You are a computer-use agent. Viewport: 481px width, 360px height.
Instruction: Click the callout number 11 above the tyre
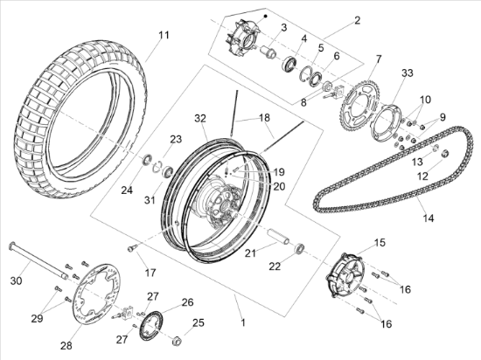164,35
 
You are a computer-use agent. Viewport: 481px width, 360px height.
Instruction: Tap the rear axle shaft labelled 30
39,260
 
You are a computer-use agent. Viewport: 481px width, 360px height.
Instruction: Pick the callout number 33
408,73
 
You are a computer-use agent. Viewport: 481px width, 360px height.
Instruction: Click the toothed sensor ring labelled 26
150,325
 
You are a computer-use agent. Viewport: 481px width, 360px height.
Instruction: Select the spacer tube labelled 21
278,236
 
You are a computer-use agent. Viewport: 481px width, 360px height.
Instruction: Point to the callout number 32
200,119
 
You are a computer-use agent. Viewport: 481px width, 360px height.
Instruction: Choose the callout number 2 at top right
357,20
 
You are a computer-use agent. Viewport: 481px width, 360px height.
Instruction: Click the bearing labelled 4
289,63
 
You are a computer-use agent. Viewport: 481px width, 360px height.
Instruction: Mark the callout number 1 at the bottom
243,322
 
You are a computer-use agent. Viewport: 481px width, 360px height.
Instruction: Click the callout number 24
127,190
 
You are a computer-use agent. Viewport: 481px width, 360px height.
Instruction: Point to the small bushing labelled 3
268,52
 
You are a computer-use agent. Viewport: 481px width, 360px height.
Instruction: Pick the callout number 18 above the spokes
264,117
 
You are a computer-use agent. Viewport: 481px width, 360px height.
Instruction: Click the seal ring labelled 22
300,247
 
